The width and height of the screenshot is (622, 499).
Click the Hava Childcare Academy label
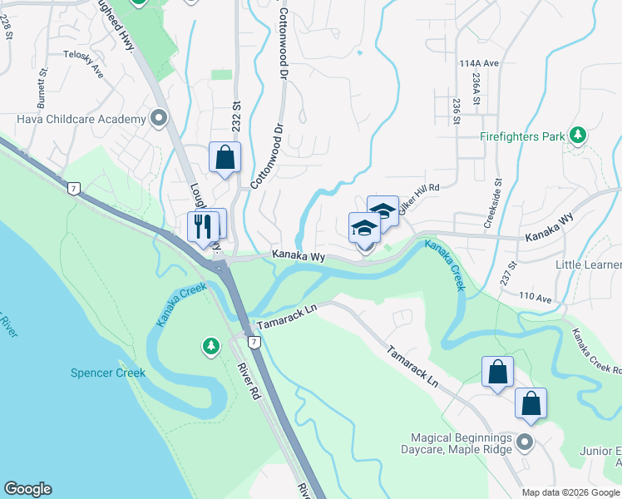click(81, 120)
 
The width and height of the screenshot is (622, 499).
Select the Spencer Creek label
click(108, 373)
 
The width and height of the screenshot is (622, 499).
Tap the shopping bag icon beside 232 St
click(225, 156)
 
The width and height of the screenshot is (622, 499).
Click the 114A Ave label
click(477, 63)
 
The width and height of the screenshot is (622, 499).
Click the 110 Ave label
click(535, 297)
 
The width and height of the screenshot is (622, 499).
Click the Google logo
click(27, 489)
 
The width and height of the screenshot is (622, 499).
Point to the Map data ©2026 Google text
click(570, 492)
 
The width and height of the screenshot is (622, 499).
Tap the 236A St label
click(475, 87)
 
